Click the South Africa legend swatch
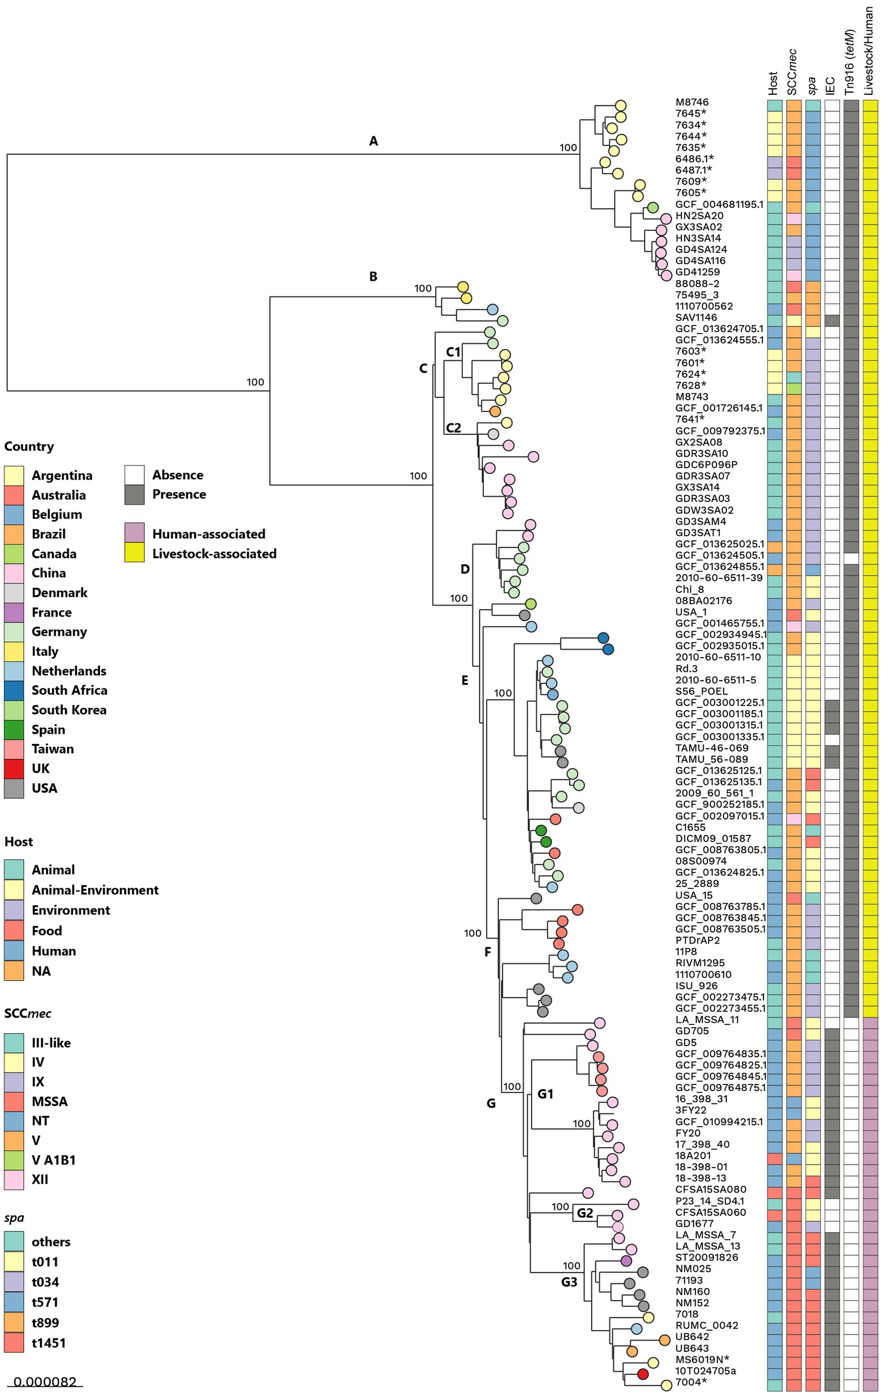pos(14,691)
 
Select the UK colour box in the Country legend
pos(14,769)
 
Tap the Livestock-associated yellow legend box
pos(134,553)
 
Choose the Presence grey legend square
pos(134,494)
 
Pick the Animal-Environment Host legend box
pos(14,890)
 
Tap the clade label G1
pos(545,1094)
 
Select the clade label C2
pos(453,428)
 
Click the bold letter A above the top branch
pos(373,141)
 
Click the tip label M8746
pos(691,102)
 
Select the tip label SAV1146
pos(696,317)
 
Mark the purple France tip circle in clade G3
pos(626,1260)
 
